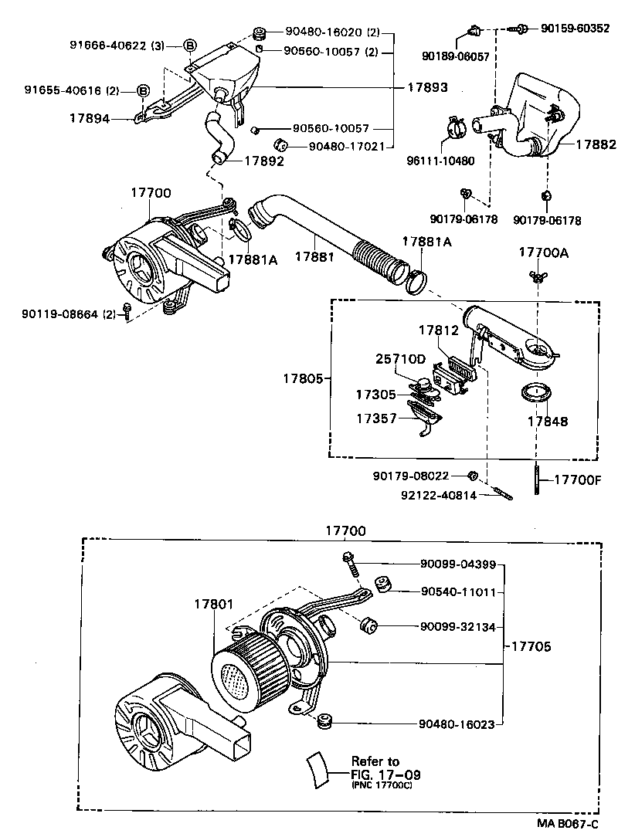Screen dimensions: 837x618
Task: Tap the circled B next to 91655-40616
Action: (x=143, y=91)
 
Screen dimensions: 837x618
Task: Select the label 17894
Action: (x=88, y=118)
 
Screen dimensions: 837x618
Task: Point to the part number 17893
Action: (x=427, y=87)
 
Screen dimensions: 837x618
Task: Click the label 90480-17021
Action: (x=348, y=145)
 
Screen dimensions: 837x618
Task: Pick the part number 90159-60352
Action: (x=575, y=29)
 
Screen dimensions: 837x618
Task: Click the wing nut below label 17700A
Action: (x=535, y=276)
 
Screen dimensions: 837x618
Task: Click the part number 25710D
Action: (x=401, y=359)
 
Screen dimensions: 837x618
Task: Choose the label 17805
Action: (x=301, y=378)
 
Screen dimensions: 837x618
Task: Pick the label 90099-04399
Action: (x=458, y=565)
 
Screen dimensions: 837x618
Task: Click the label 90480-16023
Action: (x=458, y=724)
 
